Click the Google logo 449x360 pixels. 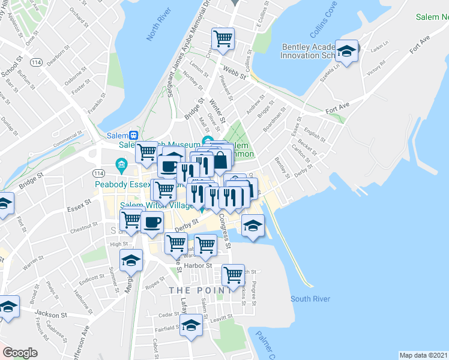[20, 352]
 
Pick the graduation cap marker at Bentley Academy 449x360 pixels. [346, 51]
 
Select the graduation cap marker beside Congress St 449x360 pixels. [253, 226]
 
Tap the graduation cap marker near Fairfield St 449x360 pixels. [191, 326]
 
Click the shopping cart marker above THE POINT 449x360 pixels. [233, 275]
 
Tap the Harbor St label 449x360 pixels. [201, 265]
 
